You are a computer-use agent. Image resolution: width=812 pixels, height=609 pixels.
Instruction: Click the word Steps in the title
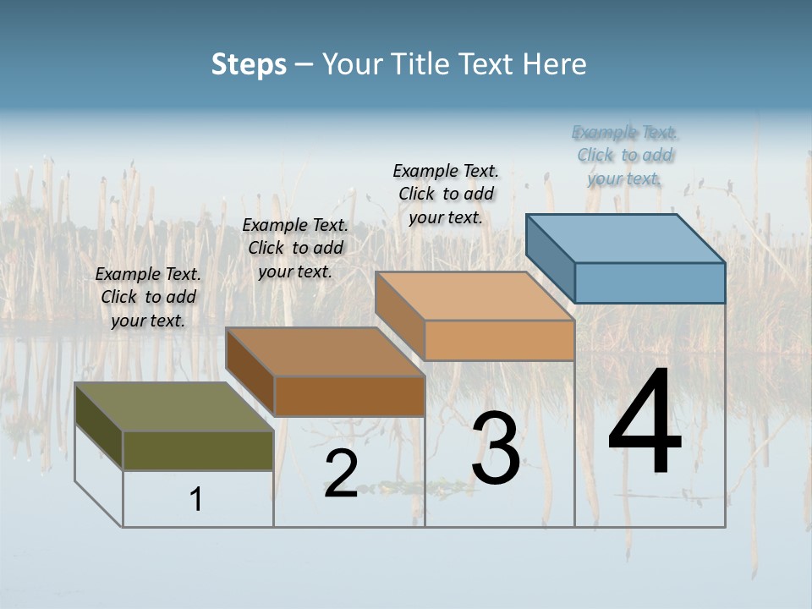click(249, 64)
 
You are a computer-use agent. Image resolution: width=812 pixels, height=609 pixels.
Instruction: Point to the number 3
click(496, 448)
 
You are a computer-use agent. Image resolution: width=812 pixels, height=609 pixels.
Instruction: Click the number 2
click(341, 474)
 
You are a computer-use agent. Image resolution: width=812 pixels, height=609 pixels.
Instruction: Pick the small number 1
click(196, 499)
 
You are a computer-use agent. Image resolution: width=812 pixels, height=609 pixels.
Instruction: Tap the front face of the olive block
click(198, 450)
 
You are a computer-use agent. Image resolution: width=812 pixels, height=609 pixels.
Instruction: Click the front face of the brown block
click(349, 396)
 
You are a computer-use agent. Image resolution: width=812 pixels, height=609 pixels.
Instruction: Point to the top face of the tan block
click(475, 296)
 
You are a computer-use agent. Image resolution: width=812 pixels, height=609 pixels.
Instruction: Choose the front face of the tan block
click(499, 340)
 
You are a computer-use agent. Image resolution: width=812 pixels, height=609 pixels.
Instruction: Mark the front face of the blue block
click(650, 283)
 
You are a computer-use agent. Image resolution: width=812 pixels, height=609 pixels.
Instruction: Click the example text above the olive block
click(148, 297)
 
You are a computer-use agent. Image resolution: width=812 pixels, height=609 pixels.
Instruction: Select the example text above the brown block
click(295, 248)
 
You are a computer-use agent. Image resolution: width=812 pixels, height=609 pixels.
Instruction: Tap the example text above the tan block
click(446, 194)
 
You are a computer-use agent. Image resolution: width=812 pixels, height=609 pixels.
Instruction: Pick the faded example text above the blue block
click(624, 155)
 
